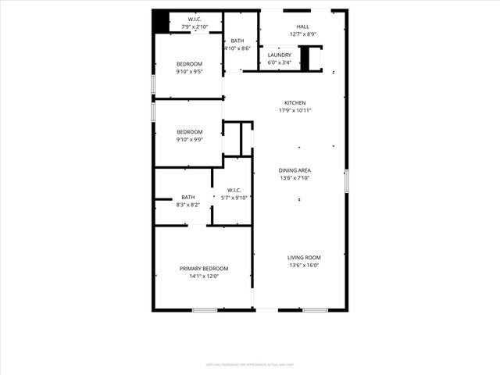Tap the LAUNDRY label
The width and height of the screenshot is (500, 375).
(280, 55)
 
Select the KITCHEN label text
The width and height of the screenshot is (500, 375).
(295, 103)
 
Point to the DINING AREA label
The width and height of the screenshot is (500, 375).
(295, 170)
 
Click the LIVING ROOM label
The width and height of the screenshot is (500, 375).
(304, 258)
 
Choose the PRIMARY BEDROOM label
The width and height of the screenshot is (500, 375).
(204, 269)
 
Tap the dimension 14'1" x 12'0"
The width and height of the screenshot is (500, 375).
(204, 276)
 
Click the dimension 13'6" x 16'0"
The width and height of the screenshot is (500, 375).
(304, 266)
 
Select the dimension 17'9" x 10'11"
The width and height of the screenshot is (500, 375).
(295, 110)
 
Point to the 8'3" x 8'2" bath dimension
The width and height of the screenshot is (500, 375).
(188, 205)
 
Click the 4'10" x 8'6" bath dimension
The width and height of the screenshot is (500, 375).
(237, 48)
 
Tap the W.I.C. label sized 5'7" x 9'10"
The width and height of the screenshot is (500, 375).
(234, 191)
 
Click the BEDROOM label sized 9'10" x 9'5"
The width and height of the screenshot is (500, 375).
(189, 64)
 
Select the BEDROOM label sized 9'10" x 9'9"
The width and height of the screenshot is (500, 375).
(189, 132)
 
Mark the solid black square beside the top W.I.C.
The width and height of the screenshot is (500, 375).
(161, 21)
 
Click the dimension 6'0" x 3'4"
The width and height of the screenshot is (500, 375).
(280, 62)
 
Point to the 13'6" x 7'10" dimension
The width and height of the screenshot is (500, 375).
(295, 177)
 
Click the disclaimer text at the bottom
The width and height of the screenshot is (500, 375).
(249, 364)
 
